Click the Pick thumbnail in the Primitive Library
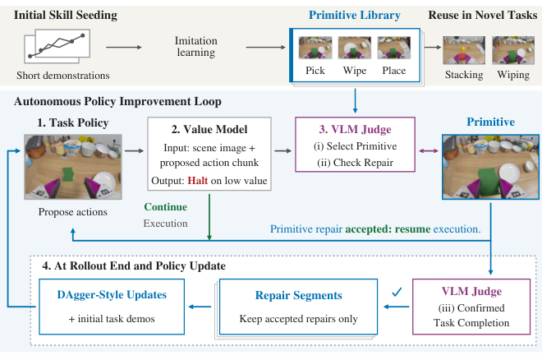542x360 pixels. coord(315,48)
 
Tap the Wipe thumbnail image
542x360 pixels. coord(355,48)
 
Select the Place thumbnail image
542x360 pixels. coord(394,48)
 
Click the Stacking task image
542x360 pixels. coord(464,50)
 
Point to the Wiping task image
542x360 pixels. coord(513,50)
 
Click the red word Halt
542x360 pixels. coord(198,181)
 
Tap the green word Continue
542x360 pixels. coord(166,207)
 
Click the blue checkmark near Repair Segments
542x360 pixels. coord(397,293)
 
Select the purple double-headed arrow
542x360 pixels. coord(429,150)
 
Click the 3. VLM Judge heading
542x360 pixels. coord(355,129)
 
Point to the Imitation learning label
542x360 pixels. coord(196,46)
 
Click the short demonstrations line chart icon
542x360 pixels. coord(57,46)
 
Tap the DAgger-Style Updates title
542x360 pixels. coord(112,294)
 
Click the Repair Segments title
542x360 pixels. coord(299,295)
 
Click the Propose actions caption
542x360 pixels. coord(73,211)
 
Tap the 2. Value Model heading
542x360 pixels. coord(209,129)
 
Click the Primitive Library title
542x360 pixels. coord(355,16)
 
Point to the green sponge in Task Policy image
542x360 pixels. coord(67,174)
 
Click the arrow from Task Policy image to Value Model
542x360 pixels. coord(134,150)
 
